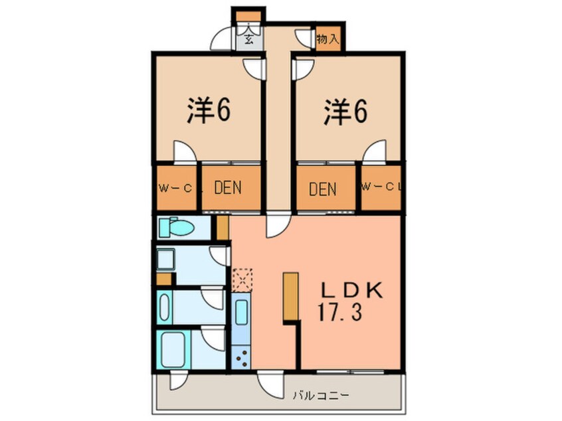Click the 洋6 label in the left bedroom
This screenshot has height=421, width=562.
(208, 112)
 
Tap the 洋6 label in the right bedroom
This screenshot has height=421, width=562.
(345, 112)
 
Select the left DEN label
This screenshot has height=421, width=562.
(227, 188)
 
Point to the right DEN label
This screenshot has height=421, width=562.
(323, 189)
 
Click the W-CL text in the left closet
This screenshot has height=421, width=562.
(175, 188)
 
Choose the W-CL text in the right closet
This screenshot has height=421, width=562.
(382, 188)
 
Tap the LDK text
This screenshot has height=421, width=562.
(351, 291)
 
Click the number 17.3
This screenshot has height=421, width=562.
(339, 313)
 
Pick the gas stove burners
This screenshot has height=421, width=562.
(240, 357)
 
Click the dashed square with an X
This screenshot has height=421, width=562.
(241, 279)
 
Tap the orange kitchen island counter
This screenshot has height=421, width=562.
(290, 297)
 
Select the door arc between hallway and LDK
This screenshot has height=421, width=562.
(277, 227)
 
